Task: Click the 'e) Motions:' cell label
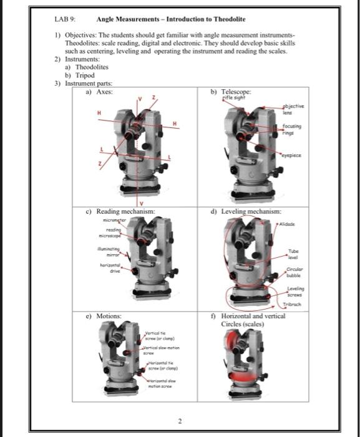(101, 317)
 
